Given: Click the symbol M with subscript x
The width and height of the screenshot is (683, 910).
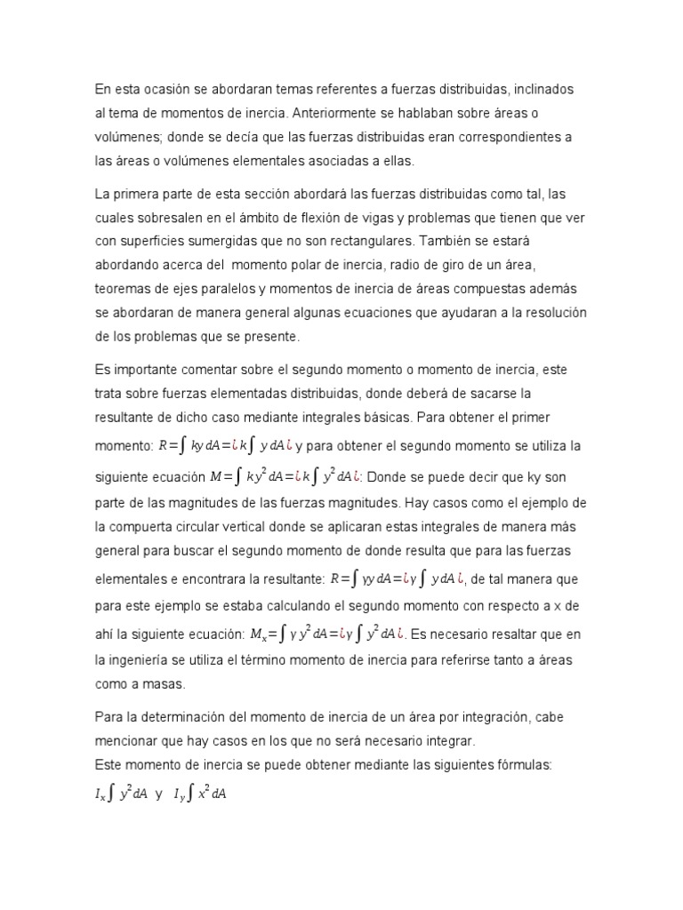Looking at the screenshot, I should click(x=260, y=635).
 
